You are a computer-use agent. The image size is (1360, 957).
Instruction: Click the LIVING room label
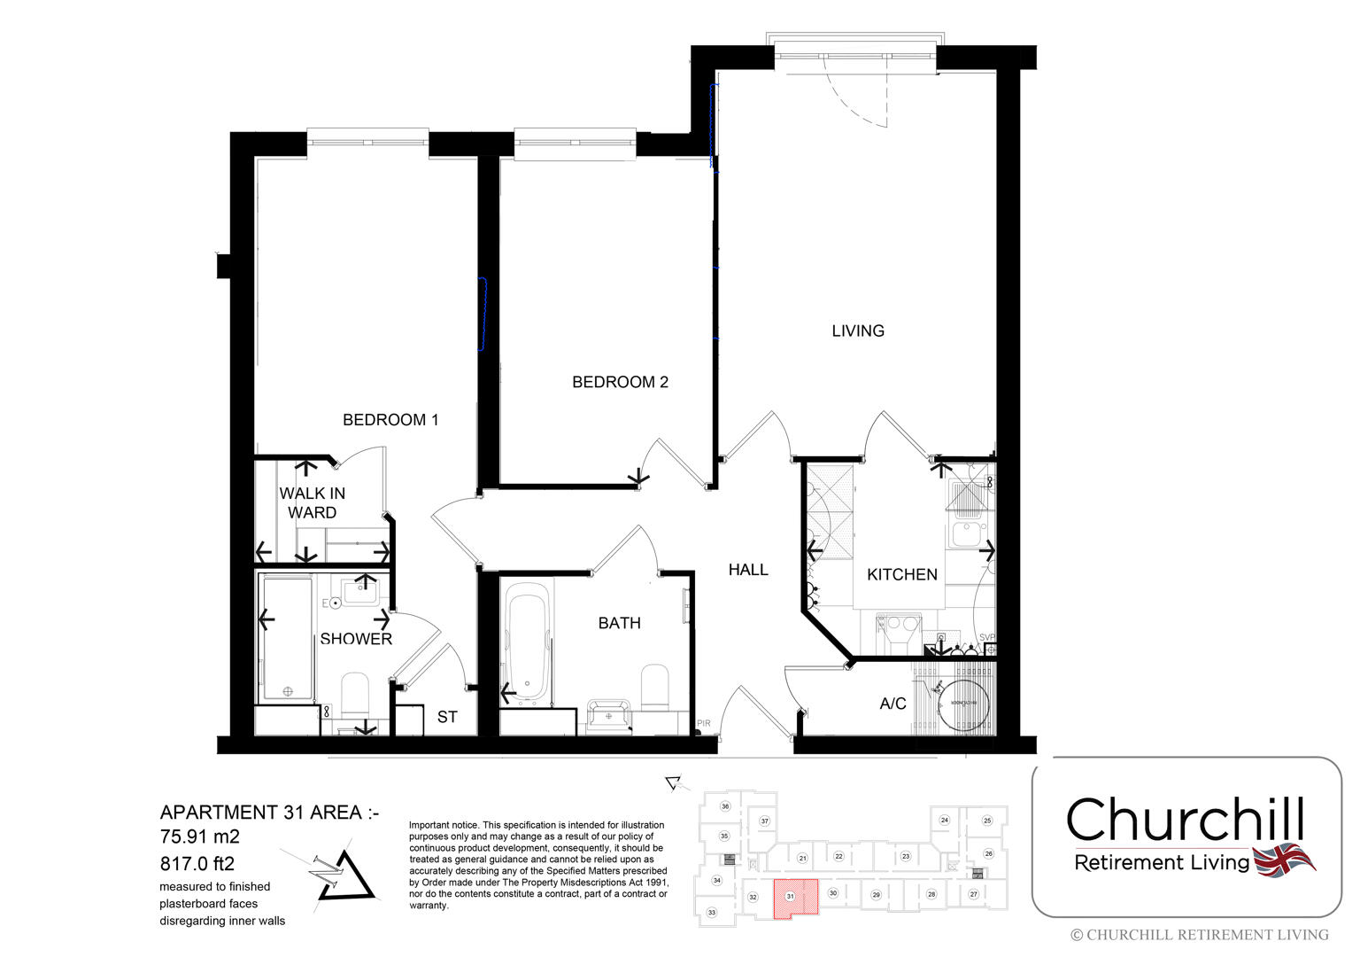coord(857,331)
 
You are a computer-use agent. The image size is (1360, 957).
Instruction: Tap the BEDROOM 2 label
coord(620,382)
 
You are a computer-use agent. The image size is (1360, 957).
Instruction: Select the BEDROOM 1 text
coord(390,420)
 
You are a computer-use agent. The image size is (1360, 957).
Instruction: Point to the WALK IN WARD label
coord(312,503)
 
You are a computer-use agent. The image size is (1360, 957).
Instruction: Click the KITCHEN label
coord(901,574)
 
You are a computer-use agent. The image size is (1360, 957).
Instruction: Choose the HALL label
coord(748,570)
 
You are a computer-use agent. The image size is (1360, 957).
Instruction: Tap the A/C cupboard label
coord(892,704)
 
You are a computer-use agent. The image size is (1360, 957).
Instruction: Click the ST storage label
coord(447,717)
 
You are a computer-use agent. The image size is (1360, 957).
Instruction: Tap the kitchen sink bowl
coord(963,535)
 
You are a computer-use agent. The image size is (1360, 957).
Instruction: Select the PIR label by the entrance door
coord(704,724)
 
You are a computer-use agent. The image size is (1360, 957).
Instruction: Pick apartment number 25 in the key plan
coord(987,821)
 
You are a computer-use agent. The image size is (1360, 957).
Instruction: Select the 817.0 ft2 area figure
coord(197,863)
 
